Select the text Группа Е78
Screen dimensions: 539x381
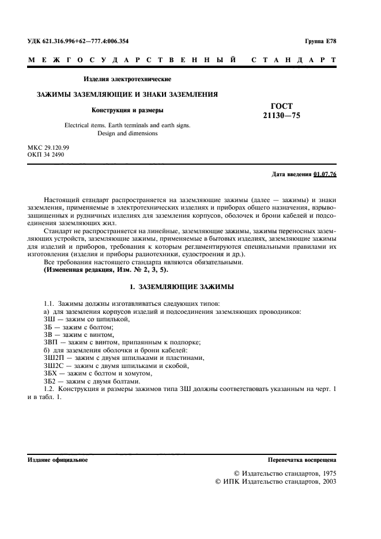click(x=320, y=41)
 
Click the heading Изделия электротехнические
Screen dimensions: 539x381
click(x=127, y=79)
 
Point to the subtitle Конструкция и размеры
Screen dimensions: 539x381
click(x=127, y=110)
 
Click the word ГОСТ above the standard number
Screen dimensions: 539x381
click(x=281, y=106)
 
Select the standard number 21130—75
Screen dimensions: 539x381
click(x=281, y=116)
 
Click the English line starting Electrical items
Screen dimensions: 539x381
click(x=127, y=125)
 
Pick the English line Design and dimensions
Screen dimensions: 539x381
click(x=127, y=134)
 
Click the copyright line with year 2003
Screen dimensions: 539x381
click(x=276, y=481)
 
